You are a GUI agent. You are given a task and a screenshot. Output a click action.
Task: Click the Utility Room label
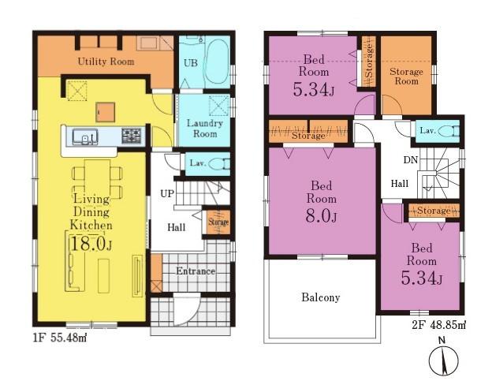(x=106, y=62)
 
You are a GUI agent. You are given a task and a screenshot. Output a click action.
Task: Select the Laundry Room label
(x=205, y=128)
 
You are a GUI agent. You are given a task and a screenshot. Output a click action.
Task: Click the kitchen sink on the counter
(x=85, y=136)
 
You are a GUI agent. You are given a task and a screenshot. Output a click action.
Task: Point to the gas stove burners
(x=131, y=136)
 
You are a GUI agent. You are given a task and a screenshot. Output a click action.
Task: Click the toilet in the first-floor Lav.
(x=220, y=164)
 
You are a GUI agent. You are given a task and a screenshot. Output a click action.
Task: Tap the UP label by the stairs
(x=166, y=193)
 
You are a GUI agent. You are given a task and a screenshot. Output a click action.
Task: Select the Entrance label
(x=196, y=271)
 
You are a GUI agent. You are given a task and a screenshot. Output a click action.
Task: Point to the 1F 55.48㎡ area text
(x=60, y=338)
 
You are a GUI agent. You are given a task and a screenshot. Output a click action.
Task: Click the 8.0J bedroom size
(x=322, y=215)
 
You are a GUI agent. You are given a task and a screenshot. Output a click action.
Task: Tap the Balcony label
(x=321, y=297)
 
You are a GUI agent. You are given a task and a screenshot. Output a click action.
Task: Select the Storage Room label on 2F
(x=406, y=76)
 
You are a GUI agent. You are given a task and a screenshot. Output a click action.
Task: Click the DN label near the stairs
(x=411, y=160)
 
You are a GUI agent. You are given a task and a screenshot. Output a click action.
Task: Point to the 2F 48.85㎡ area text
(x=439, y=325)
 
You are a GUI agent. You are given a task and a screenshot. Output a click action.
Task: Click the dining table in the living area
(x=97, y=179)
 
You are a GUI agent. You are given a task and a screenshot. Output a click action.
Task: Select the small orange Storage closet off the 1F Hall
(x=218, y=222)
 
